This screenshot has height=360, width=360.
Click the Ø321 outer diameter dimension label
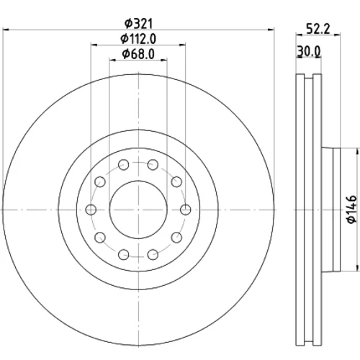(x=138, y=23)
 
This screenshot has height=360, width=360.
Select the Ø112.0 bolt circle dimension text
(x=138, y=39)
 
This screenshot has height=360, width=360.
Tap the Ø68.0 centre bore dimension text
(x=138, y=54)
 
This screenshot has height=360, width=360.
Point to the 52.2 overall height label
(x=318, y=29)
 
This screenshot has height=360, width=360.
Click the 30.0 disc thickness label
(x=309, y=51)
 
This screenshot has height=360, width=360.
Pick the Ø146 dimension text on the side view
(x=352, y=210)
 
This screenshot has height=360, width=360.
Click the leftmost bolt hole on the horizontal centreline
(x=91, y=210)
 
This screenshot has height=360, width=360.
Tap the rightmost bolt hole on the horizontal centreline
(x=186, y=210)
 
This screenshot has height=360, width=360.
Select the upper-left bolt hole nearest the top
(x=124, y=165)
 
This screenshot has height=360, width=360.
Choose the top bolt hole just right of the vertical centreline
(x=153, y=165)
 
